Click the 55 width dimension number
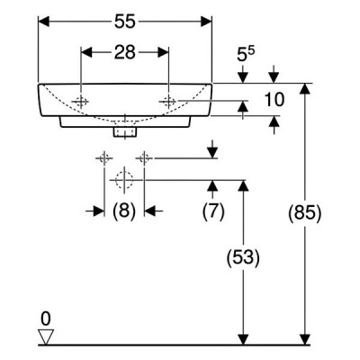125,22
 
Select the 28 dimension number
125,52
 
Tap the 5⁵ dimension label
246,54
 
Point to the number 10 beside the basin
274,100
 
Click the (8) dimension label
124,211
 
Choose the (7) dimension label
213,211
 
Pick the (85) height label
304,213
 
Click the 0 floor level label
46,319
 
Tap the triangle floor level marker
46,337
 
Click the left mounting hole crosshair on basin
81,102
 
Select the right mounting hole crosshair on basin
168,101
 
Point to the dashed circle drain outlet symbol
124,180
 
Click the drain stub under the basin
125,132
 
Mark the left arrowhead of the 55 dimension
44,22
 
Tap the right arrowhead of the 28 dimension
163,52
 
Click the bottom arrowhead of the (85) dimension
305,339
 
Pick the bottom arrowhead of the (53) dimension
243,339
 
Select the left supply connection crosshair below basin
104,157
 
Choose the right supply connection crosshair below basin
144,157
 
